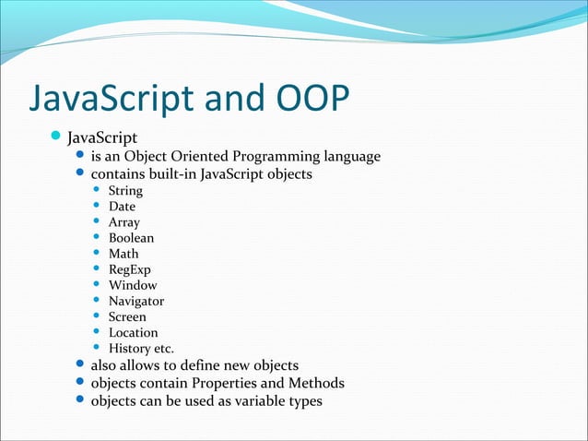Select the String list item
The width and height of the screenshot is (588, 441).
coord(125,191)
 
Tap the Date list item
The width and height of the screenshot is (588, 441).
coord(122,207)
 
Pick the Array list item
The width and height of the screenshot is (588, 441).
coord(124,222)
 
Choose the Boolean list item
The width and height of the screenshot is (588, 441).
coord(131,238)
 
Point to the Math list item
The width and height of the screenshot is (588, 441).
coord(123,254)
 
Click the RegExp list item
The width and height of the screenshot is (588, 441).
coord(129,269)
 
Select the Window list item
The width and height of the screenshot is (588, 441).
coord(133,285)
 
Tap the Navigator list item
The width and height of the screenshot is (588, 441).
coord(136,301)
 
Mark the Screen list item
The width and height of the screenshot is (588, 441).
coord(127,316)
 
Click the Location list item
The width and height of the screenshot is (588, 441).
coord(133,332)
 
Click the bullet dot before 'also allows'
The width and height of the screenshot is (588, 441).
coord(79,365)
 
